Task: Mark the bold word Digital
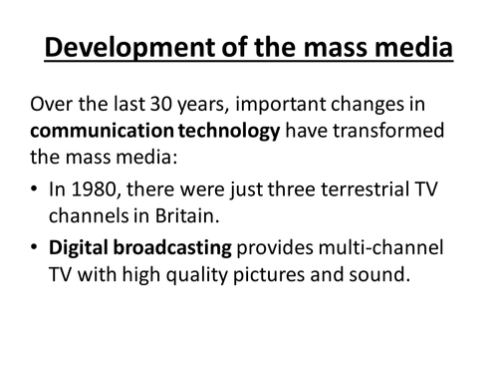pyautogui.click(x=83, y=248)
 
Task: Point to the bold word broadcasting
pyautogui.click(x=170, y=248)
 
